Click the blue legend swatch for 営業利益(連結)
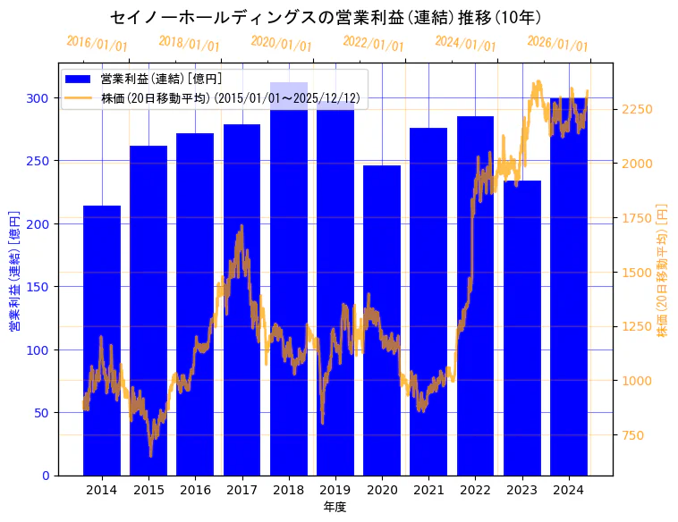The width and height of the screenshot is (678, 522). (x=79, y=79)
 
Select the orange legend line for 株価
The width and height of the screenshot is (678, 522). (x=79, y=98)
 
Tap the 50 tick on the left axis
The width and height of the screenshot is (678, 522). (x=45, y=413)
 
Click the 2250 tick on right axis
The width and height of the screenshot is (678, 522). (x=636, y=109)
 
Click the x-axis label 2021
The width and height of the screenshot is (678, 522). (x=429, y=490)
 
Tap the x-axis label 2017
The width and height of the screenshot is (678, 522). (x=242, y=490)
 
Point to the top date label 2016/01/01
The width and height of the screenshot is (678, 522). (x=97, y=44)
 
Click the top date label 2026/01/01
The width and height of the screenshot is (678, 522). (x=557, y=44)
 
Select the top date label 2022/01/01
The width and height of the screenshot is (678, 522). (x=373, y=44)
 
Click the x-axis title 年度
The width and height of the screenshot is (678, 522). (x=335, y=507)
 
